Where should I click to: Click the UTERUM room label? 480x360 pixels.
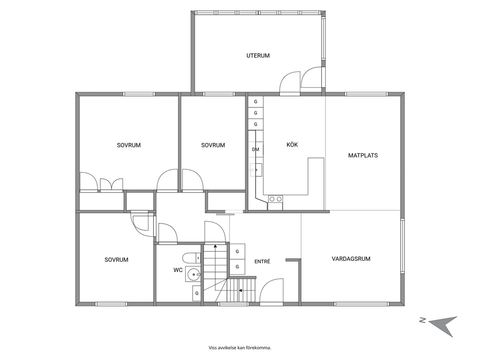click(258, 56)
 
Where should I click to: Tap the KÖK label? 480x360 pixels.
click(292, 145)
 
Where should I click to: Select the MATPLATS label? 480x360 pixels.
click(363, 155)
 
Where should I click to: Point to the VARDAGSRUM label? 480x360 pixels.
click(351, 259)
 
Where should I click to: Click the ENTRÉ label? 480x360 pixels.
click(262, 262)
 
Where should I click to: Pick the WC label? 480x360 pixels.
click(178, 270)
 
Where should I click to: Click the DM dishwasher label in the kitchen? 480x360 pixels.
click(255, 150)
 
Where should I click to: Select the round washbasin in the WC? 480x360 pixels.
click(193, 274)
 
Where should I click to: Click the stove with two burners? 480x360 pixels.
click(275, 199)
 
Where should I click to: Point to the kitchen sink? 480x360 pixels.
click(256, 169)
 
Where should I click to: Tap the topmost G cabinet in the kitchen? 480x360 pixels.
click(255, 102)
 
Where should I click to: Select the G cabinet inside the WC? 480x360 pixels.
click(197, 293)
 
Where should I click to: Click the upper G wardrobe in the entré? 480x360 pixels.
click(237, 252)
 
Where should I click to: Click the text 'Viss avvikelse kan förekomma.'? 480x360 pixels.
click(240, 348)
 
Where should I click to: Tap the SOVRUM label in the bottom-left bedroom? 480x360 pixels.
click(116, 260)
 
